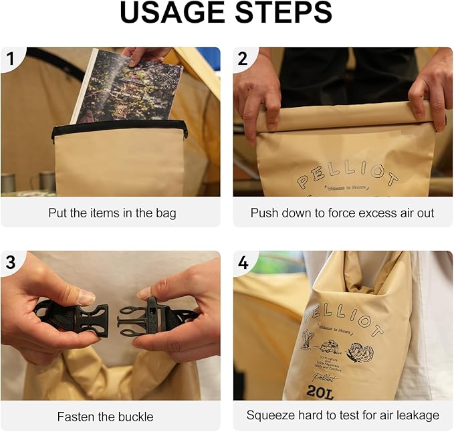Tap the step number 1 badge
(x=10, y=60)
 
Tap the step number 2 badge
(x=243, y=60)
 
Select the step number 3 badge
(x=10, y=263)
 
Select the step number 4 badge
(x=243, y=263)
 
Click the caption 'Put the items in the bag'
(x=112, y=213)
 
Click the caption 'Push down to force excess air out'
(x=342, y=213)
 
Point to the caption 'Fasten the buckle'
(x=105, y=417)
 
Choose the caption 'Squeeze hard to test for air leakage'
(x=342, y=415)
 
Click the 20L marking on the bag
(x=321, y=393)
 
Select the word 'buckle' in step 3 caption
(x=136, y=417)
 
